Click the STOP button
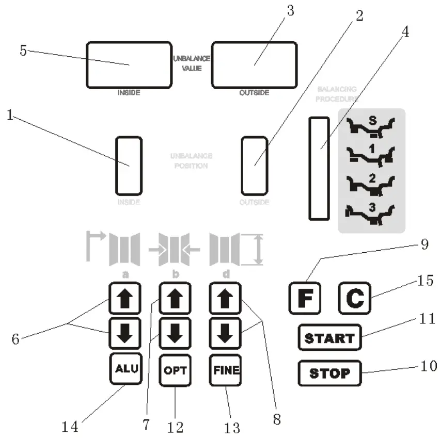pos(329,373)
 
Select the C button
pos(354,299)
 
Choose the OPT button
pos(175,370)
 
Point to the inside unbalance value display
pos(129,65)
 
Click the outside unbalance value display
pos(254,65)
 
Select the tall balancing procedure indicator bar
pos(319,168)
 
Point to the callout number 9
pos(424,245)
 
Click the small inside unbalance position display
pos(129,166)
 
